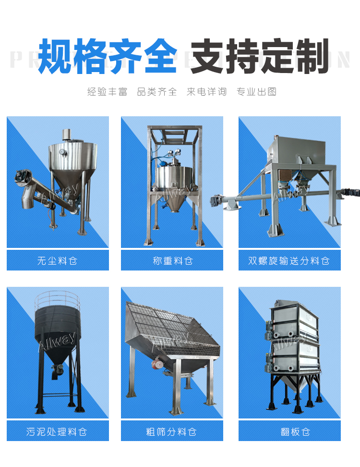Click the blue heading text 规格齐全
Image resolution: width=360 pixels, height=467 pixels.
click(x=107, y=57)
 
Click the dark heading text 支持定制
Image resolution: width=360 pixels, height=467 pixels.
click(x=260, y=57)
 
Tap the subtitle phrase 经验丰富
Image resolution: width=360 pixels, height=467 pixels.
click(x=107, y=92)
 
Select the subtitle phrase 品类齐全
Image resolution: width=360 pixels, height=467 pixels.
click(x=157, y=92)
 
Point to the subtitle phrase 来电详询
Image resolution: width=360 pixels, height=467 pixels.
click(x=206, y=92)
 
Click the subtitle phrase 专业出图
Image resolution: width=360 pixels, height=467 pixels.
click(x=256, y=92)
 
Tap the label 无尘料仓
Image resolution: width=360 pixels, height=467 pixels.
click(x=58, y=261)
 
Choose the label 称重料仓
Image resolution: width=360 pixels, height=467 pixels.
click(x=172, y=261)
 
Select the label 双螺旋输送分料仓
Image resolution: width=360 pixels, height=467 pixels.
click(x=289, y=261)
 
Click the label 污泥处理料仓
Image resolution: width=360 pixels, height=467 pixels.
click(x=58, y=431)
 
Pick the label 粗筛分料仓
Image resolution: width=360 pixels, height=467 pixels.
click(x=172, y=431)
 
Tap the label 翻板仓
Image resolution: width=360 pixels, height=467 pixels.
click(x=289, y=431)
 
